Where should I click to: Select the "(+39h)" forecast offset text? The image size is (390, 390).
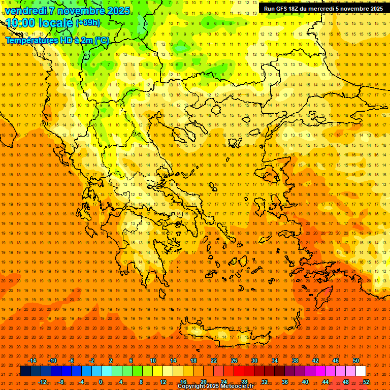(88, 23)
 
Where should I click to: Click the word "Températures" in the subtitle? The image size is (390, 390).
(30, 40)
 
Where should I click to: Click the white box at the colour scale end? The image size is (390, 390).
(361, 371)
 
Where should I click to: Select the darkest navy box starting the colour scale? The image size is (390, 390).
(25, 371)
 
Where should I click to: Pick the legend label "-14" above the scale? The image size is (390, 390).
(32, 361)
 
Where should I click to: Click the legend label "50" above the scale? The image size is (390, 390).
(356, 361)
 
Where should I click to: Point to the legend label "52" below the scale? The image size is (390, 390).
(366, 382)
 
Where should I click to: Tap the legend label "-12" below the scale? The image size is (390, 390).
(42, 382)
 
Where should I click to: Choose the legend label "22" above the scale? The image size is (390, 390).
(214, 361)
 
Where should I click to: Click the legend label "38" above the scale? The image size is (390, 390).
(295, 361)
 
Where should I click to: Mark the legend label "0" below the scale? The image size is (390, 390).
(101, 382)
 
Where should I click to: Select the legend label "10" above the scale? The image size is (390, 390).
(153, 361)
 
